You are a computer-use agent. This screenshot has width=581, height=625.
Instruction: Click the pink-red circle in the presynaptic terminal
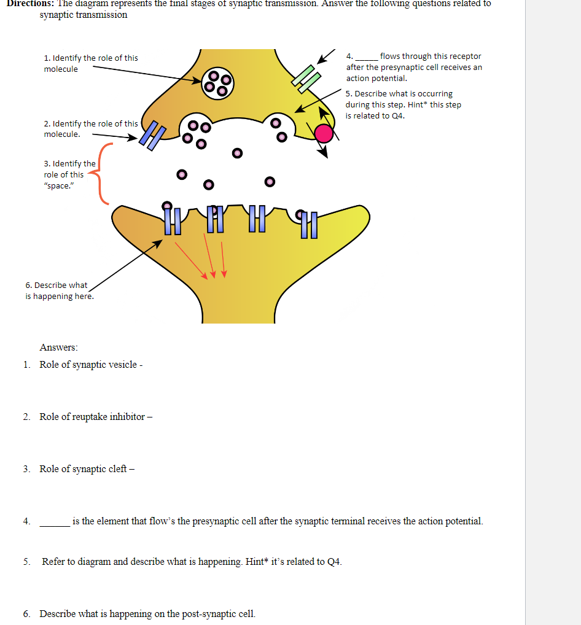[324, 133]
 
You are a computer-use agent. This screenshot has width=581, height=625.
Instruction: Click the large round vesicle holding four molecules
[217, 82]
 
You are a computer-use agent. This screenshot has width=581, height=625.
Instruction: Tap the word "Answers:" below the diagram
[59, 347]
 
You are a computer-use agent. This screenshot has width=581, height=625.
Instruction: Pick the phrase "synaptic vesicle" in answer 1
[103, 365]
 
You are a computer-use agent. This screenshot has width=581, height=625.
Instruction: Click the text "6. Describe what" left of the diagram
[56, 285]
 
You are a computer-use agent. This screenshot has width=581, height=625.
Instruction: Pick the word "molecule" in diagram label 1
[61, 69]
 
